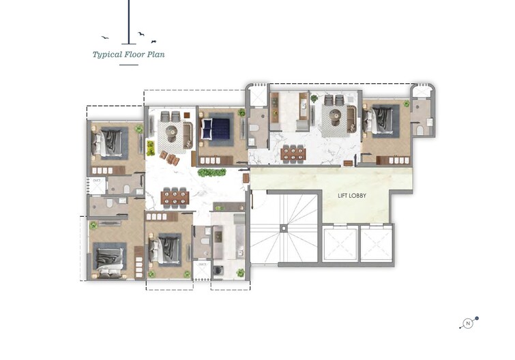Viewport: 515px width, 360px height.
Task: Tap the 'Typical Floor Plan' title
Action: tap(129, 54)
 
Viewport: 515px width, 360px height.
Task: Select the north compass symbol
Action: tap(469, 323)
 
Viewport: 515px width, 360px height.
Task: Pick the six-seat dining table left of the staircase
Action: tap(175, 197)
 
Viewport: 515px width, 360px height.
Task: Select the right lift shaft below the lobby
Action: tap(377, 244)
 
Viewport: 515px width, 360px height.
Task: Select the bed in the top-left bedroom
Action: tap(109, 143)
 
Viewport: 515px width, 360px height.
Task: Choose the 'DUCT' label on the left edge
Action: tap(95, 180)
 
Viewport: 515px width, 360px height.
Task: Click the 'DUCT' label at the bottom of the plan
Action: tap(202, 264)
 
